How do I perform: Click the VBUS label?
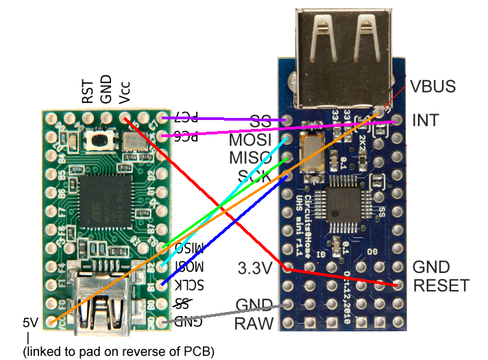(x=432, y=87)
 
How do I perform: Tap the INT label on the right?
(x=426, y=121)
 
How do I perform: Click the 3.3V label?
(x=255, y=267)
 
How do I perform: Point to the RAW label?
(x=254, y=323)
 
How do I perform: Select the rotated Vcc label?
(x=124, y=91)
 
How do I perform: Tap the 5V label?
(x=30, y=322)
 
